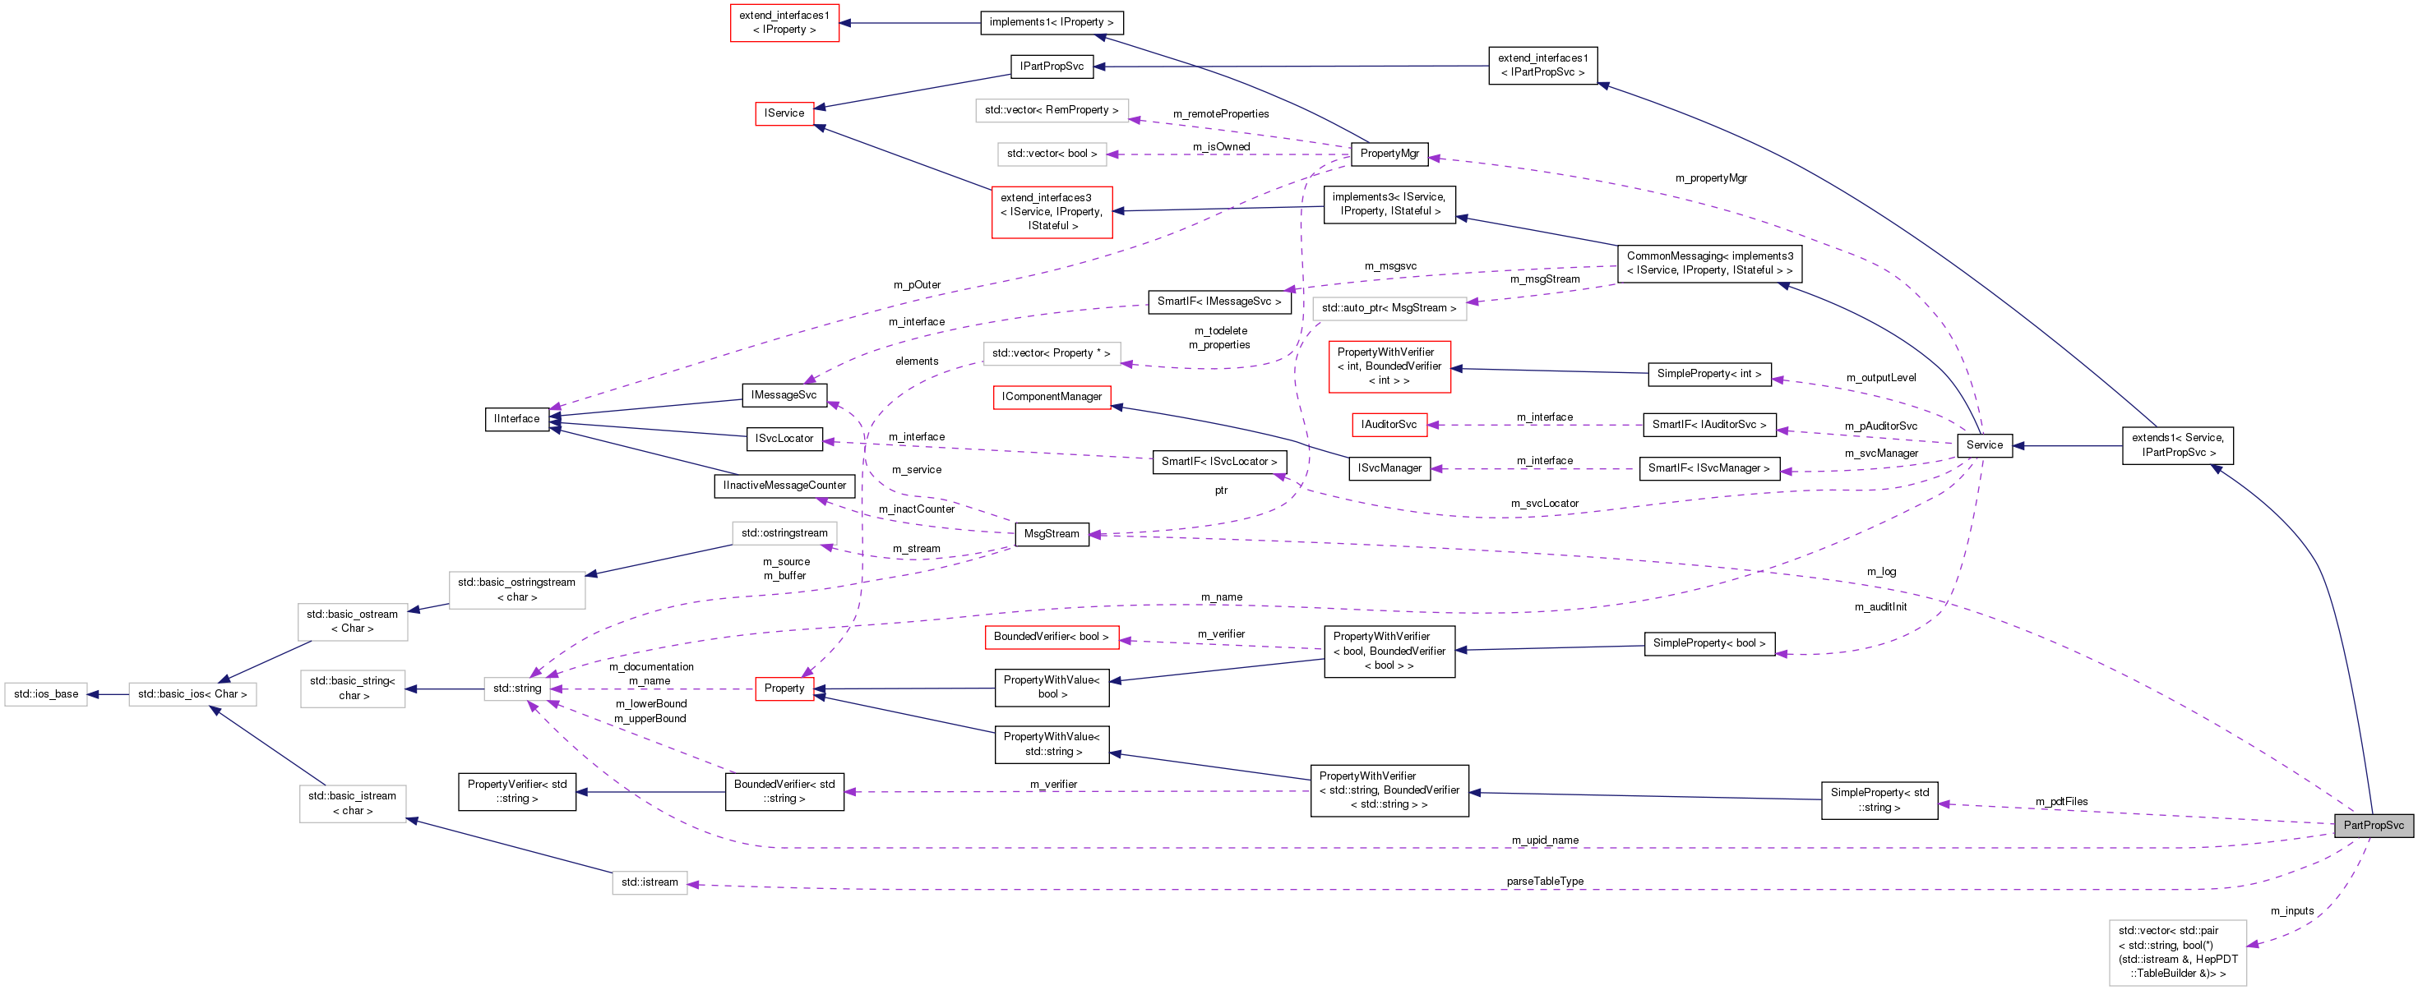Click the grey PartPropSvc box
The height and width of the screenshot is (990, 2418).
tap(2373, 826)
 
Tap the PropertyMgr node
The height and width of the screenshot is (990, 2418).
tap(1389, 154)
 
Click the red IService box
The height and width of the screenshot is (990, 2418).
tap(784, 113)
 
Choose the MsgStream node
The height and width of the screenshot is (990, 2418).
tap(1052, 534)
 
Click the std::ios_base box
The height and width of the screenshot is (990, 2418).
tap(46, 694)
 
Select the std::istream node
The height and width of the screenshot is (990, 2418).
tap(650, 883)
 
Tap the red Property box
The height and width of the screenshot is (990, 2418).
tap(784, 688)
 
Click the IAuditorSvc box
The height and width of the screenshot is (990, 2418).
tap(1389, 425)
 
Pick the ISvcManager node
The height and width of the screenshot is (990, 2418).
tap(1389, 468)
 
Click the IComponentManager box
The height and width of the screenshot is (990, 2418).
tap(1052, 397)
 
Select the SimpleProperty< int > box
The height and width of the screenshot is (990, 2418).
tap(1709, 375)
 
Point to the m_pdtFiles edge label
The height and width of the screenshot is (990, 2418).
tap(2061, 801)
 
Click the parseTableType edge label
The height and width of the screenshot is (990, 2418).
tap(1544, 882)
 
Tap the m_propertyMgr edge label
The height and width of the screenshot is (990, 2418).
tap(1710, 178)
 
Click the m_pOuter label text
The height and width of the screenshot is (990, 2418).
tap(916, 285)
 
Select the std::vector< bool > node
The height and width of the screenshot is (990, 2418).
tap(1052, 154)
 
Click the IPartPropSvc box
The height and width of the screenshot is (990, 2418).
tap(1052, 67)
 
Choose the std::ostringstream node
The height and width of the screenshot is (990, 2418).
tap(784, 533)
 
